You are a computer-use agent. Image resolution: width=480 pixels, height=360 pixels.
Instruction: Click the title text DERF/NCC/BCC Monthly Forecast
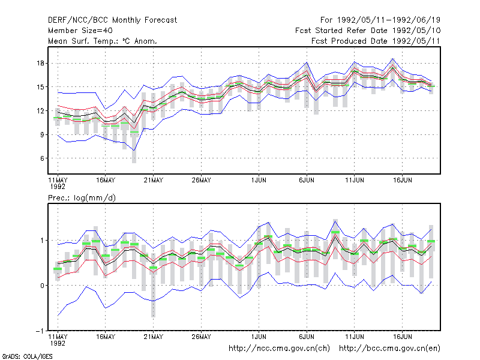tap(112, 20)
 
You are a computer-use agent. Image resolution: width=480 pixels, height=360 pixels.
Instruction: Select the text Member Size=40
tap(80, 31)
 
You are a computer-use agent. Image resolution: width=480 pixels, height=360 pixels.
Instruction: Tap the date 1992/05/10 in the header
tap(416, 31)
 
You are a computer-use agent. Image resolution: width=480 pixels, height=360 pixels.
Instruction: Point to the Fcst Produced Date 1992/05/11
tap(376, 41)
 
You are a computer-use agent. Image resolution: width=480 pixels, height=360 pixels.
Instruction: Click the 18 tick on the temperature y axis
tap(41, 64)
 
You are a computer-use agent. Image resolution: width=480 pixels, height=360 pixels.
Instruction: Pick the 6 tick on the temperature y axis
tap(42, 158)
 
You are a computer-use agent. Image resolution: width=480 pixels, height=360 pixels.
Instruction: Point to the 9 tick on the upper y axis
tap(42, 134)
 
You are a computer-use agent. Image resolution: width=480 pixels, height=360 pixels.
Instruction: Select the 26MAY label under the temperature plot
tap(202, 181)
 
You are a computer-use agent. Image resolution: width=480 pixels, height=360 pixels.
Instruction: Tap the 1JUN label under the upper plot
tap(259, 181)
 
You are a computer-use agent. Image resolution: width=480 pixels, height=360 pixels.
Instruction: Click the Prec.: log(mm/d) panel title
tap(82, 198)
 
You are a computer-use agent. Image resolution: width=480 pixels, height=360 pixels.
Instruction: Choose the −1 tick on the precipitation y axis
tap(40, 331)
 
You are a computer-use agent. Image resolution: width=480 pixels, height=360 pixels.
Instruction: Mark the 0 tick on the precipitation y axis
tap(42, 286)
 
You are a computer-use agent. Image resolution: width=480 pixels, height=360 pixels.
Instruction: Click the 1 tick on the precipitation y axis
tap(42, 241)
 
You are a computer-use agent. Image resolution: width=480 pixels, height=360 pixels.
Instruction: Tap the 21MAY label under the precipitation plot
tap(154, 337)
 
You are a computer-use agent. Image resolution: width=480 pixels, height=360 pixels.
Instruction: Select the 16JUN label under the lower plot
tap(403, 337)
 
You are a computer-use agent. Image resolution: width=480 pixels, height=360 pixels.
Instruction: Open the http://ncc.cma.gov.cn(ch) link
tap(279, 349)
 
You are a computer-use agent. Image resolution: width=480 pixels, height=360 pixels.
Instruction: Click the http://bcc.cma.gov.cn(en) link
tap(389, 349)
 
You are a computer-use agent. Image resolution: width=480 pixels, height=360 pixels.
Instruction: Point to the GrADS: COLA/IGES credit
tap(27, 356)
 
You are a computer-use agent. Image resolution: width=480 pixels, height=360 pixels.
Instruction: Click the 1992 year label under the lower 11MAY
tap(58, 343)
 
